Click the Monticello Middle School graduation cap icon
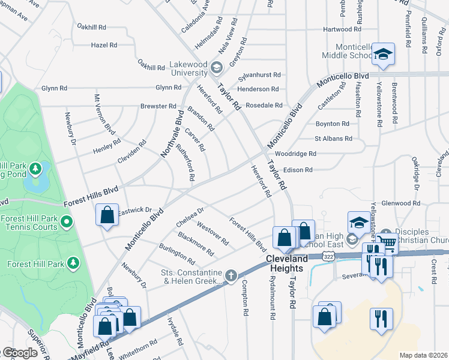click(x=382, y=55)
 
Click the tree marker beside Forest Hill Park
click(x=73, y=263)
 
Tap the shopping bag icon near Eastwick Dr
click(x=107, y=215)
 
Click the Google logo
click(x=19, y=353)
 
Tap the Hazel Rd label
click(x=103, y=45)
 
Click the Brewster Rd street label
click(x=158, y=106)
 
